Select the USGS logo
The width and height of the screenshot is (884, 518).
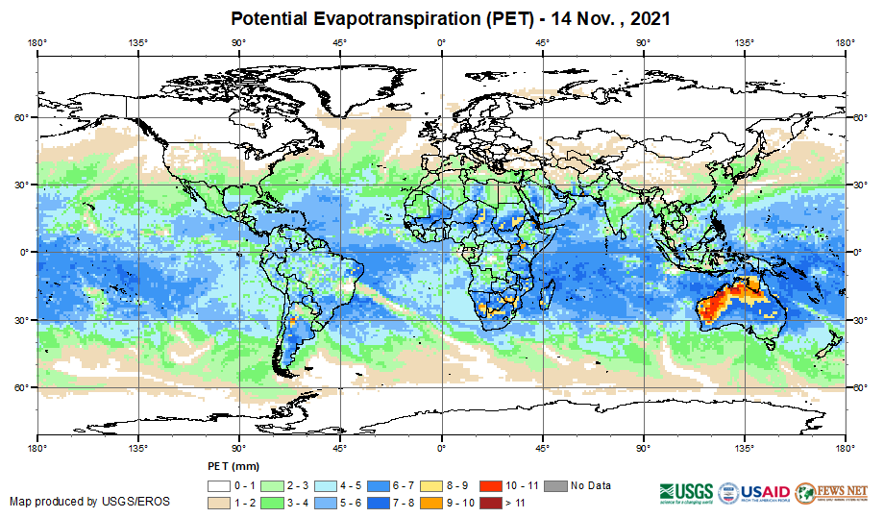pos(686,490)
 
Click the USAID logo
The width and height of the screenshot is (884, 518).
pos(755,490)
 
